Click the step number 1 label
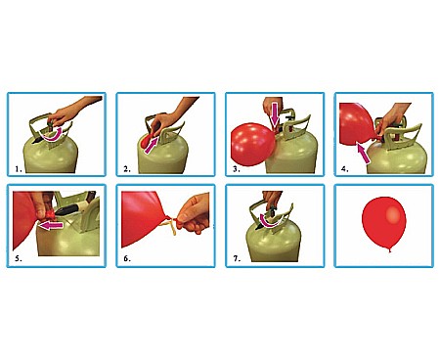pyautogui.click(x=19, y=169)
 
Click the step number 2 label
pyautogui.click(x=127, y=169)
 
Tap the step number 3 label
pyautogui.click(x=237, y=169)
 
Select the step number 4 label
pyautogui.click(x=345, y=169)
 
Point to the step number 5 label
pyautogui.click(x=19, y=259)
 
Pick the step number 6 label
pyautogui.click(x=127, y=259)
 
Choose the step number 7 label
pyautogui.click(x=237, y=259)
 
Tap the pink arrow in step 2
pyautogui.click(x=151, y=145)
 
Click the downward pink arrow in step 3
pyautogui.click(x=275, y=114)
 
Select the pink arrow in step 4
pyautogui.click(x=363, y=153)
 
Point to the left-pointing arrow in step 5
pyautogui.click(x=50, y=225)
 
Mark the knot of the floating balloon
pyautogui.click(x=390, y=250)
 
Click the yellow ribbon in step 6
pyautogui.click(x=173, y=226)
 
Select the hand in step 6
pyautogui.click(x=194, y=212)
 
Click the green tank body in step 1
pyautogui.click(x=51, y=157)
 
